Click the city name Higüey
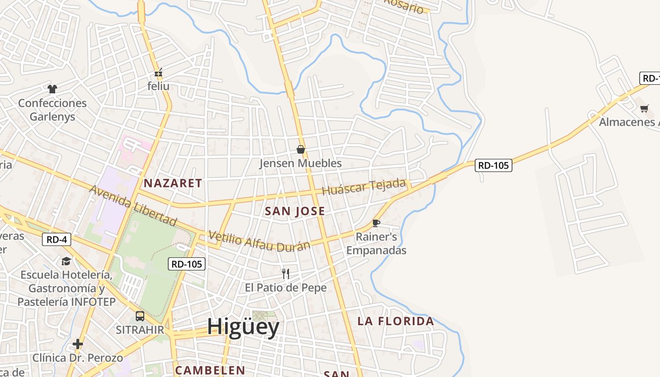coord(243,327)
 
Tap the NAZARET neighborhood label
coord(173,183)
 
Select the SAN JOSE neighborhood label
coord(295,211)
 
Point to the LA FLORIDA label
coord(396,321)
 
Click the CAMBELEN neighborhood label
coord(210,370)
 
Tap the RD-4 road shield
coord(57,239)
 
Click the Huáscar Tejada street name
coord(363,187)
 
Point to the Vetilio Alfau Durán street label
coord(259,241)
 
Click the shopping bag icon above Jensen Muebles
coord(301,149)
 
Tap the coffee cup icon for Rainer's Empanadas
coord(376,223)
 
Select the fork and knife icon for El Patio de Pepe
coord(285,274)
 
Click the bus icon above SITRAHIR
coord(140,316)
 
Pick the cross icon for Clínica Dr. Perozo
coord(78,344)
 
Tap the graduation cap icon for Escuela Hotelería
coord(66,261)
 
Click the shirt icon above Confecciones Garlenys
coord(52,89)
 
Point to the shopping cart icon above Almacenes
coord(644,108)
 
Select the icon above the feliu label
coord(158,73)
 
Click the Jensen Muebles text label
coord(300,164)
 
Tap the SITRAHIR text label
coord(140,329)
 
